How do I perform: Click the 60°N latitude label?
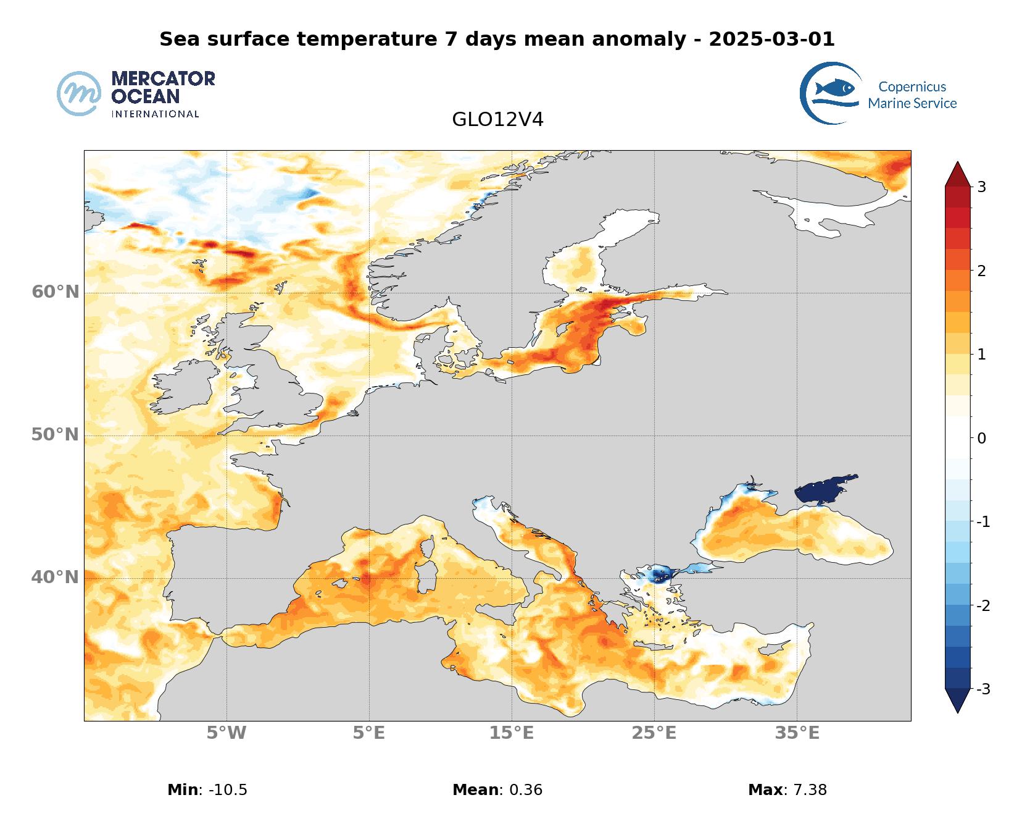(56, 292)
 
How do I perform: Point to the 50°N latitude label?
(56, 435)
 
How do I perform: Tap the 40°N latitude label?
(56, 578)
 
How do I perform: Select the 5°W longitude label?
(226, 733)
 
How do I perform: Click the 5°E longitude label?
(369, 733)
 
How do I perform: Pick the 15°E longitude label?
(512, 733)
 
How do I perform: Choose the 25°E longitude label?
(654, 733)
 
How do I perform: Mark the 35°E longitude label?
(797, 733)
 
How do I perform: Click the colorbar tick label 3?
(981, 187)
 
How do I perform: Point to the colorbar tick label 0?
(981, 439)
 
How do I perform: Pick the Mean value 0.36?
(525, 790)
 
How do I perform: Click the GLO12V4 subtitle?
(497, 120)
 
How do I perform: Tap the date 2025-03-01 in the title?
(771, 40)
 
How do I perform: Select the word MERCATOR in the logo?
(163, 79)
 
